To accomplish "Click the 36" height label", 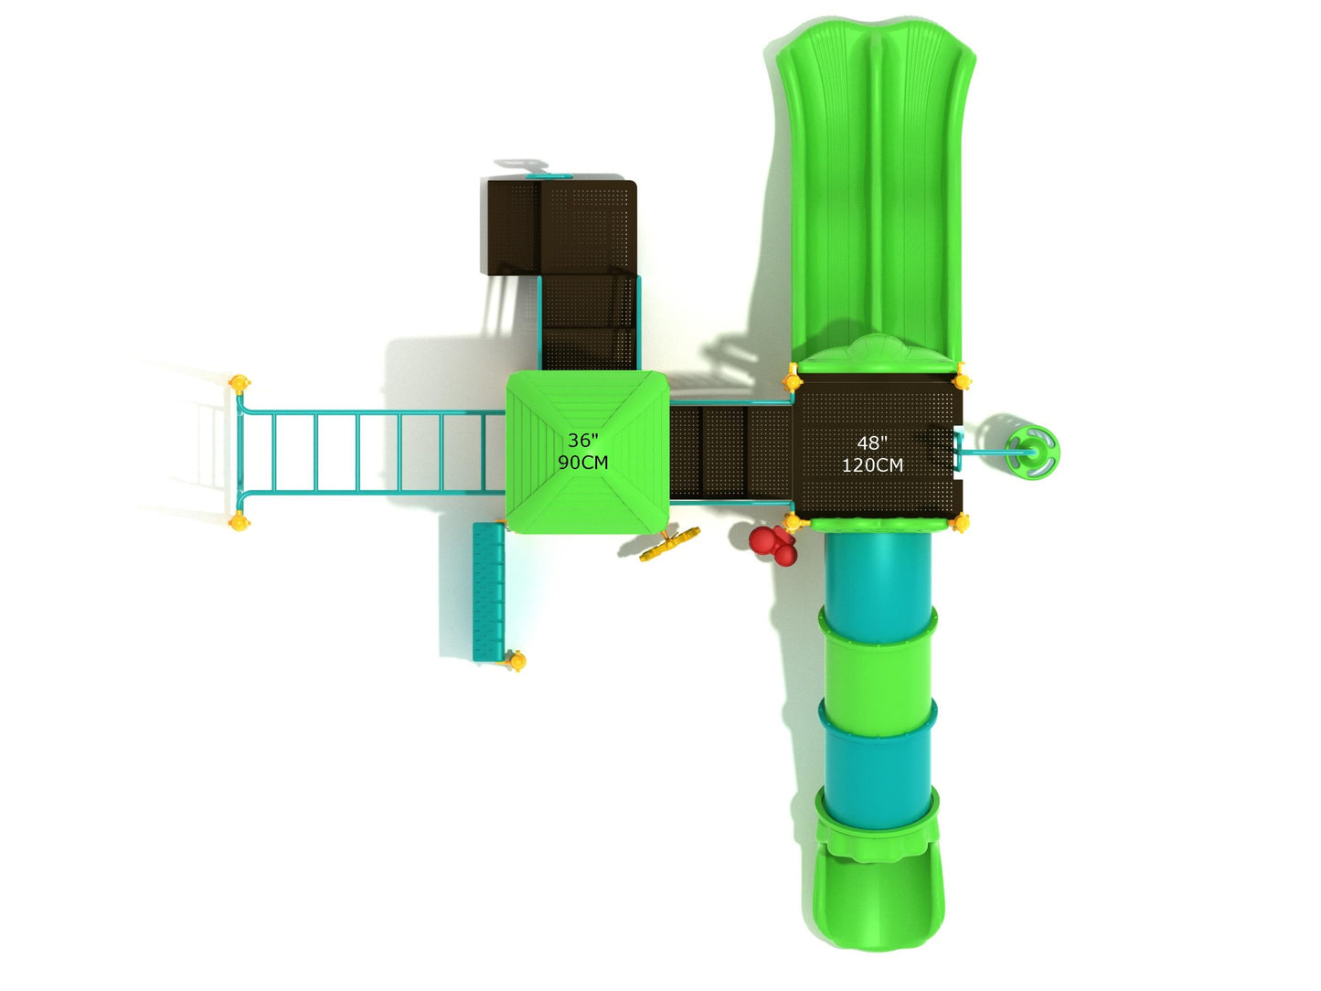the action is click(x=582, y=441).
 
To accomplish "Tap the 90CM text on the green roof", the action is click(x=582, y=463).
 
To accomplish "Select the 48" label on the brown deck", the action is click(x=872, y=443).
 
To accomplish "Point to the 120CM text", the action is click(x=872, y=465).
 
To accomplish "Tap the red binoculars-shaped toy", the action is click(x=774, y=545).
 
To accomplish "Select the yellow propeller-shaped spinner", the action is click(x=669, y=544).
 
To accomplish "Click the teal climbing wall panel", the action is click(x=488, y=592).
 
